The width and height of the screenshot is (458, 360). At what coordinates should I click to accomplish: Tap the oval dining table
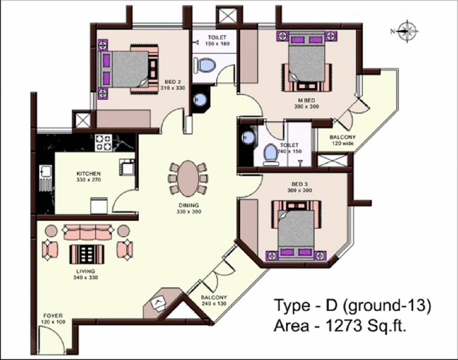(188, 178)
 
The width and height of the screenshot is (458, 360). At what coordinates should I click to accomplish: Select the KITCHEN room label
(89, 174)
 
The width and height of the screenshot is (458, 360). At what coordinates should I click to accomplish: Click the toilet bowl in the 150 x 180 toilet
(205, 65)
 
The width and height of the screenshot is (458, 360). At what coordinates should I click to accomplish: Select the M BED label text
(306, 100)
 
